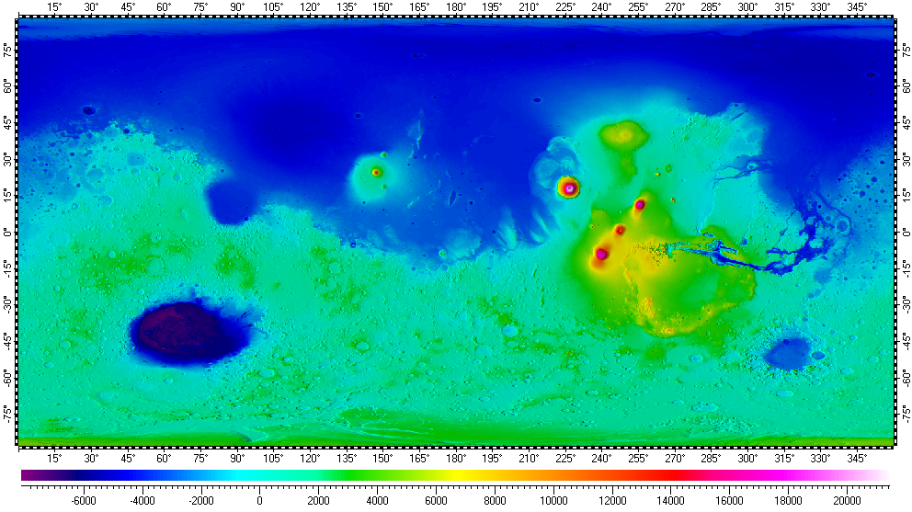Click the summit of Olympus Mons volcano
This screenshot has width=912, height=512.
(x=569, y=188)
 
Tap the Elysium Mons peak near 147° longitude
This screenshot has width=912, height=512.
(x=376, y=172)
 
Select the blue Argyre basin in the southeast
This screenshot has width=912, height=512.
(x=789, y=353)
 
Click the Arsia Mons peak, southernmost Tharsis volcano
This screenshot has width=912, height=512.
(x=601, y=254)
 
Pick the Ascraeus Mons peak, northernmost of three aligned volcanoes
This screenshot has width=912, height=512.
(x=640, y=204)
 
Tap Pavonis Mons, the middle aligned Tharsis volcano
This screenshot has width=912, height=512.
(x=621, y=230)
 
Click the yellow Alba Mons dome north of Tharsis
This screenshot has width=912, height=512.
(x=624, y=136)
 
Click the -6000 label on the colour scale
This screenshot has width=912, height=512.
(x=84, y=501)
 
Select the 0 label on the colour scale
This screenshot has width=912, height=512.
(x=260, y=501)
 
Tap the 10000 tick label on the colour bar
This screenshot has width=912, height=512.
(x=553, y=501)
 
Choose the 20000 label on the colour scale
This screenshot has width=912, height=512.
(x=847, y=501)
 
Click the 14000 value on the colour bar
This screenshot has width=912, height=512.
(x=670, y=501)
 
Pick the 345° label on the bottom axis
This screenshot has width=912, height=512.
(x=858, y=458)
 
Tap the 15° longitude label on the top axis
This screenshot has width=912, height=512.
(x=54, y=7)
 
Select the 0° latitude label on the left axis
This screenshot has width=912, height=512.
(x=7, y=233)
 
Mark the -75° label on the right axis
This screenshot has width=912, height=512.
(x=905, y=411)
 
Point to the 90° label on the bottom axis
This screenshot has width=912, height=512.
(x=237, y=458)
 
